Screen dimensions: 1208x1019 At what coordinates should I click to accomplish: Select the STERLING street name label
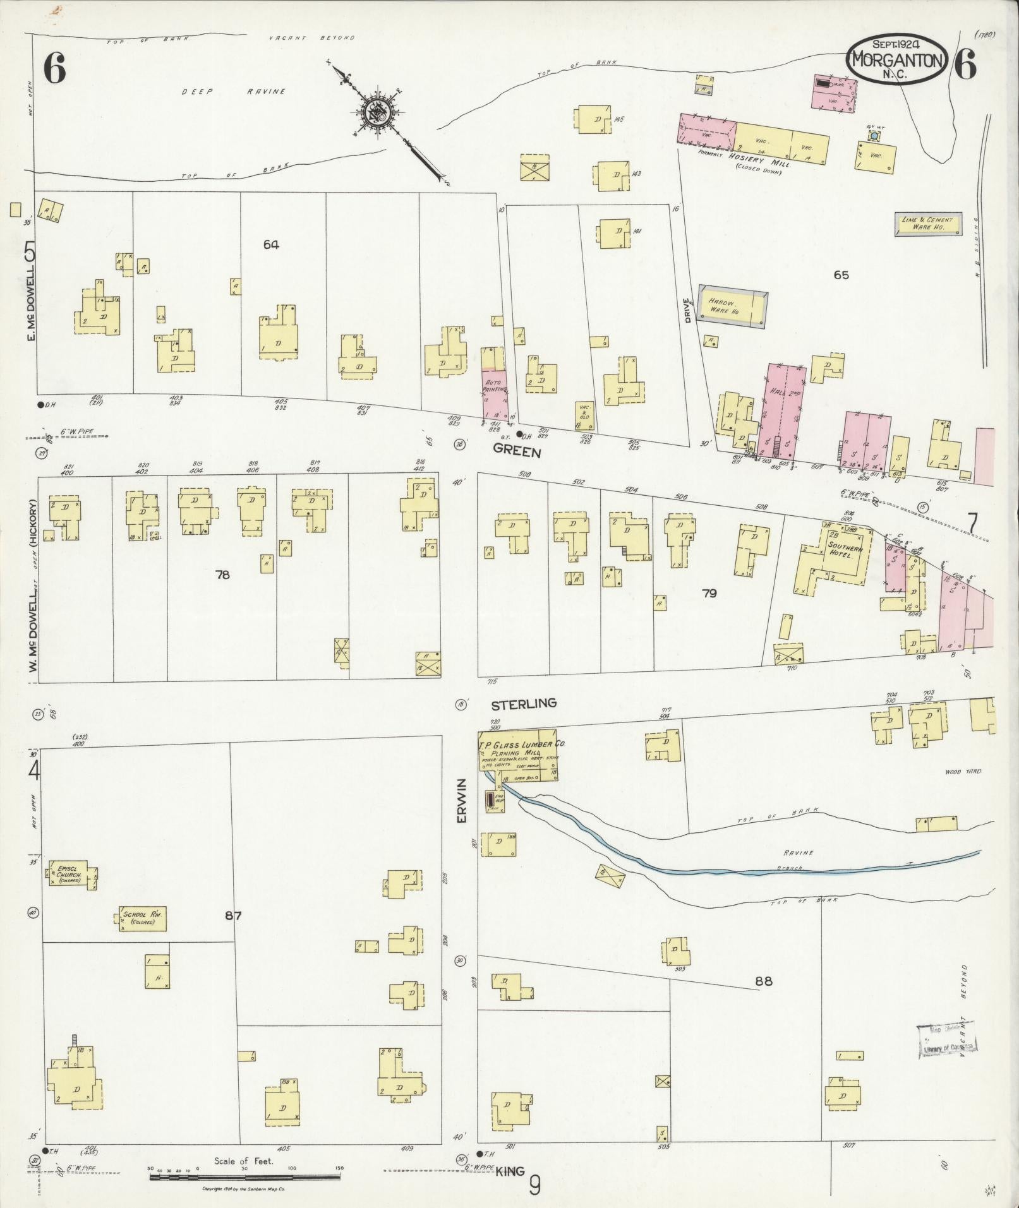(524, 703)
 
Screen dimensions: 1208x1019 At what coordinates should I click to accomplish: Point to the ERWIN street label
(462, 800)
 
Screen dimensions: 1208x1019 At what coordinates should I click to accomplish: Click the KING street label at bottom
(510, 1171)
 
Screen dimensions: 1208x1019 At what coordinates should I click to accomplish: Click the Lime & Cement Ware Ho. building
(928, 224)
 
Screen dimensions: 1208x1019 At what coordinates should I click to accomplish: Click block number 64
(271, 244)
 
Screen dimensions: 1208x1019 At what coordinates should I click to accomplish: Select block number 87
(233, 915)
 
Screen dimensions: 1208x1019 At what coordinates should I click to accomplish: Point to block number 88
(763, 999)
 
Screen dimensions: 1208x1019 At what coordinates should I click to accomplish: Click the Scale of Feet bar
(246, 1168)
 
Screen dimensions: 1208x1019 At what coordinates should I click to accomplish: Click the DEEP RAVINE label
(234, 92)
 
